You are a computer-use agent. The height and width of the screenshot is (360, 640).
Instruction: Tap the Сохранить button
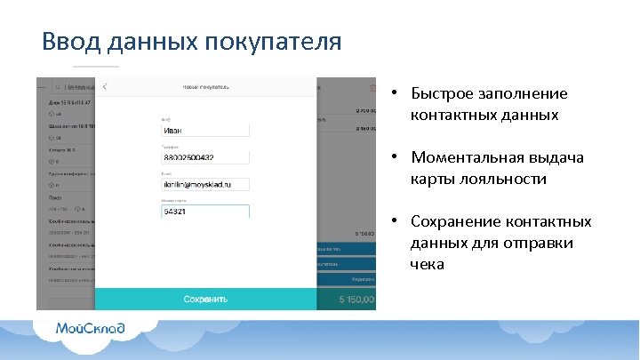[205, 300]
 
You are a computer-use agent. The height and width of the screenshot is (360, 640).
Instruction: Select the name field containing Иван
[204, 130]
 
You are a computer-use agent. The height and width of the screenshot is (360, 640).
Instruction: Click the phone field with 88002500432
[204, 157]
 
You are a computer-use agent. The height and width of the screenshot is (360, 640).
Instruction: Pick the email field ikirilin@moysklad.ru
[204, 184]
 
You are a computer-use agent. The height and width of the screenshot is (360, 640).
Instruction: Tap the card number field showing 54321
[204, 212]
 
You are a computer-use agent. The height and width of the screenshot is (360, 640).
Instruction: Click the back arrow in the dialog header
[106, 87]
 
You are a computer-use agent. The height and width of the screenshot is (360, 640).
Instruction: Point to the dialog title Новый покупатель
[206, 87]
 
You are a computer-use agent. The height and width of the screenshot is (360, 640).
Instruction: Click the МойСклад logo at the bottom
[91, 328]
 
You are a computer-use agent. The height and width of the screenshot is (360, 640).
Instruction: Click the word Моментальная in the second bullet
[466, 157]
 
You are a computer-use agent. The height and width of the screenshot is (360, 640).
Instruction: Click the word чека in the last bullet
[428, 264]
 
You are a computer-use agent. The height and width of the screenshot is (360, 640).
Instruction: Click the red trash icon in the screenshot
[372, 87]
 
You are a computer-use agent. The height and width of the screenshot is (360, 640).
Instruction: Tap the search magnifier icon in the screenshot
[53, 87]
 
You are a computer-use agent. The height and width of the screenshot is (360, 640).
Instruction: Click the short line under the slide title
[95, 67]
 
